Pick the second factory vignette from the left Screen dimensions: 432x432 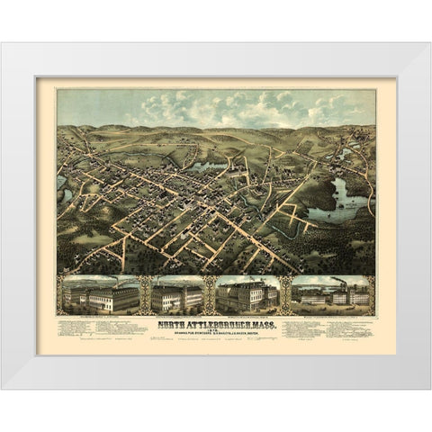[x=177, y=294]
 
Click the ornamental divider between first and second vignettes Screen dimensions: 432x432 [x=144, y=294]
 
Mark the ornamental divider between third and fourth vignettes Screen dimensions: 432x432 [x=286, y=294]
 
